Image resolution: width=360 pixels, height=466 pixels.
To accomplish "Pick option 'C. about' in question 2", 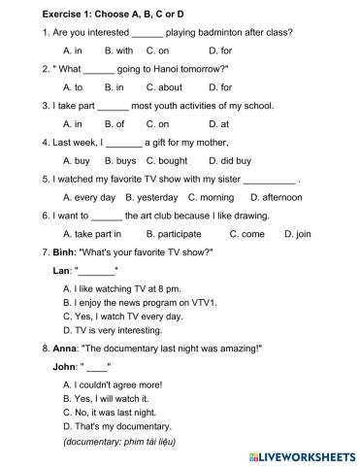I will [x=164, y=87].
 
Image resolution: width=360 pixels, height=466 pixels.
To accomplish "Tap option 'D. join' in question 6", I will [x=298, y=234].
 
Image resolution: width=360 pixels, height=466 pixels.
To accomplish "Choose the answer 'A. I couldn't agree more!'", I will [x=113, y=385].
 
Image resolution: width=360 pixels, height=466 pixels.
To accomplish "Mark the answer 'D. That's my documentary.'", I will [x=117, y=426].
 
